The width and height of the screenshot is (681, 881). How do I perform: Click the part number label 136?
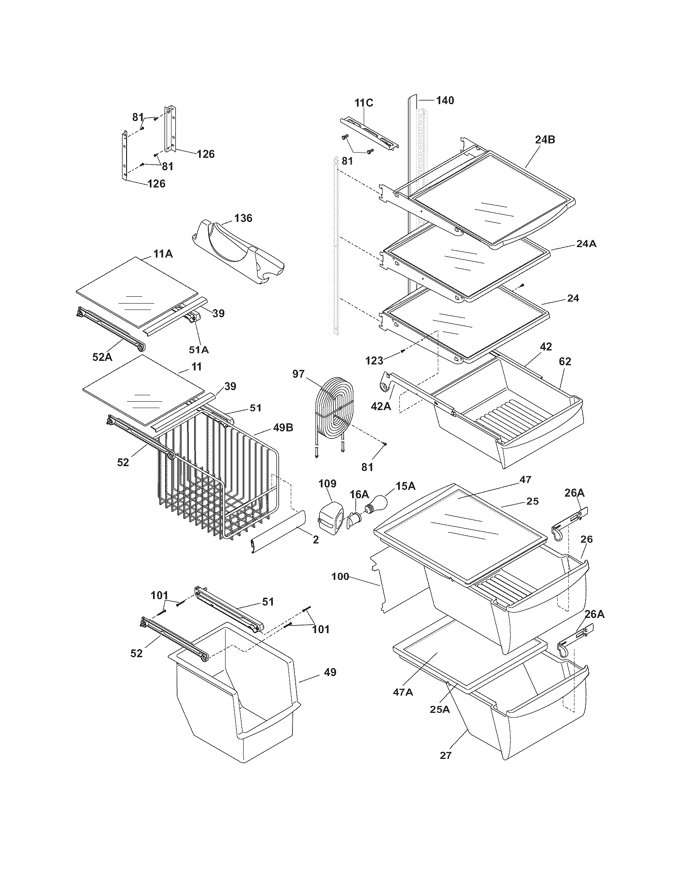tap(243, 218)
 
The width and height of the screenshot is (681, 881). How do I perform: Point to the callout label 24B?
tap(545, 140)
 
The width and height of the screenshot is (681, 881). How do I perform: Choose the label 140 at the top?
tap(445, 100)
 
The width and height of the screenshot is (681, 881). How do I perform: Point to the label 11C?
tap(364, 103)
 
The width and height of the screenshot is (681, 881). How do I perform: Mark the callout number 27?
tap(445, 755)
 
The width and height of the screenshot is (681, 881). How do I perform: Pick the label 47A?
tap(403, 692)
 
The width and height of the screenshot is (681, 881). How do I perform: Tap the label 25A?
tap(439, 709)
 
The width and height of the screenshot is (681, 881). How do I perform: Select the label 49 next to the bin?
tap(330, 672)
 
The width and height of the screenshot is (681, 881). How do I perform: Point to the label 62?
tap(565, 362)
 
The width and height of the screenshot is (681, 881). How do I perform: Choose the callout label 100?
tap(340, 577)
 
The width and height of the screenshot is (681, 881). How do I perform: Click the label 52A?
tap(102, 356)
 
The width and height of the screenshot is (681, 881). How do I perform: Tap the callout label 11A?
tap(163, 254)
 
